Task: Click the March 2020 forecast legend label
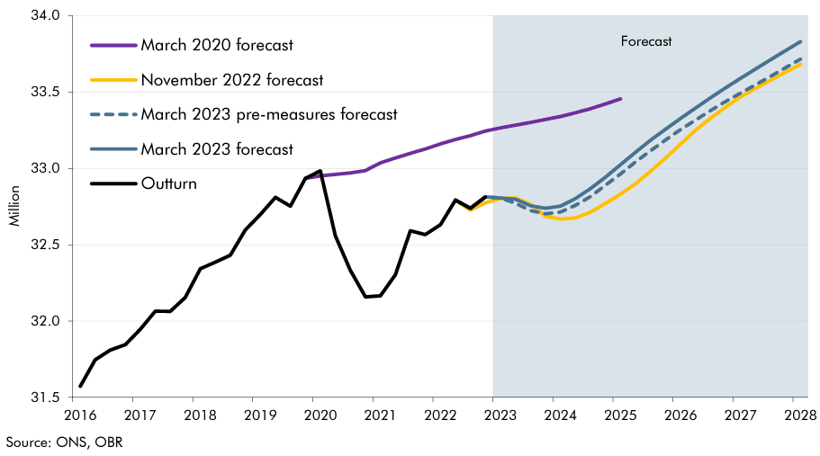(217, 44)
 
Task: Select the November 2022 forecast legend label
(231, 79)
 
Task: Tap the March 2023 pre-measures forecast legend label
(269, 114)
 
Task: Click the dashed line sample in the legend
(113, 114)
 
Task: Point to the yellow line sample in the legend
(113, 79)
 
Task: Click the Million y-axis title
(15, 207)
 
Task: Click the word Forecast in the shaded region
(646, 41)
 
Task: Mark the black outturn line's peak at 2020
(320, 170)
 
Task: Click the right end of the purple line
(621, 99)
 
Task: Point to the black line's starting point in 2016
(81, 387)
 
